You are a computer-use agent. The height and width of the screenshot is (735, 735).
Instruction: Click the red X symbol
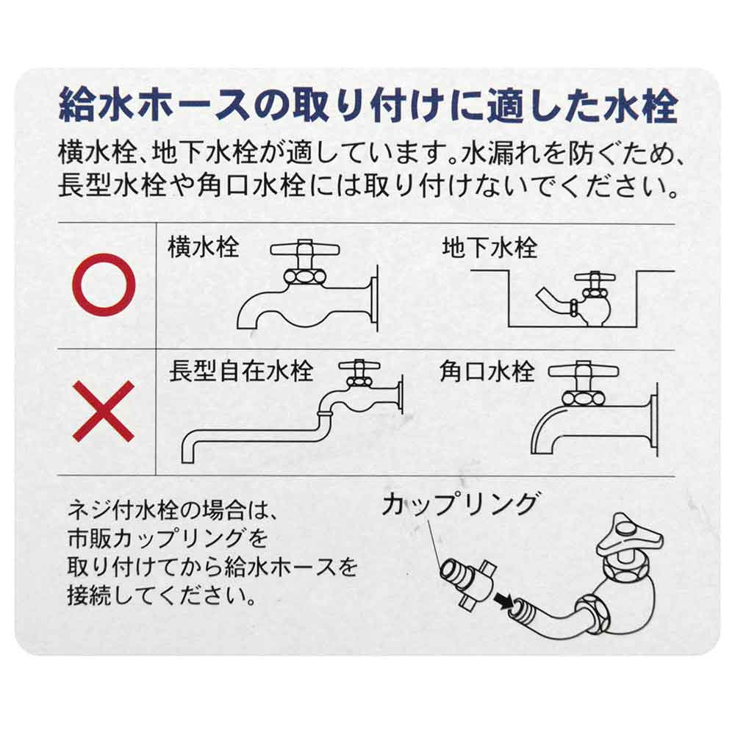[x=104, y=411]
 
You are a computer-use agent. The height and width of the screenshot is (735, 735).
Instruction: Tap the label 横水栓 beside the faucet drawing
[x=204, y=248]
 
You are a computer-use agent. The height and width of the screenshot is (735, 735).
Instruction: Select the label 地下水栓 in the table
[x=490, y=248]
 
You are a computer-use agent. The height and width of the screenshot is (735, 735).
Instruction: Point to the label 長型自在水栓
[x=241, y=371]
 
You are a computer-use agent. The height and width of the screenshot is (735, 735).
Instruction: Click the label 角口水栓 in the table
[x=487, y=371]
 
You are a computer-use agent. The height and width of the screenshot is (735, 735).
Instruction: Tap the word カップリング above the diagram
[x=459, y=505]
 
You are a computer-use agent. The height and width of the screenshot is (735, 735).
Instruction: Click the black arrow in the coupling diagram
[x=503, y=601]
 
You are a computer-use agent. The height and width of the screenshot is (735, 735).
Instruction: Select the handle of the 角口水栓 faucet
[x=583, y=370]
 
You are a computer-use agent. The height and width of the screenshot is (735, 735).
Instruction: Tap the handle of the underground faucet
[x=595, y=279]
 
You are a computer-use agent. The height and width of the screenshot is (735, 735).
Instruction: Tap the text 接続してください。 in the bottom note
[x=162, y=595]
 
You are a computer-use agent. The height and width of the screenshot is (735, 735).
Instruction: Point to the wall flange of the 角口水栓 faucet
[x=654, y=420]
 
